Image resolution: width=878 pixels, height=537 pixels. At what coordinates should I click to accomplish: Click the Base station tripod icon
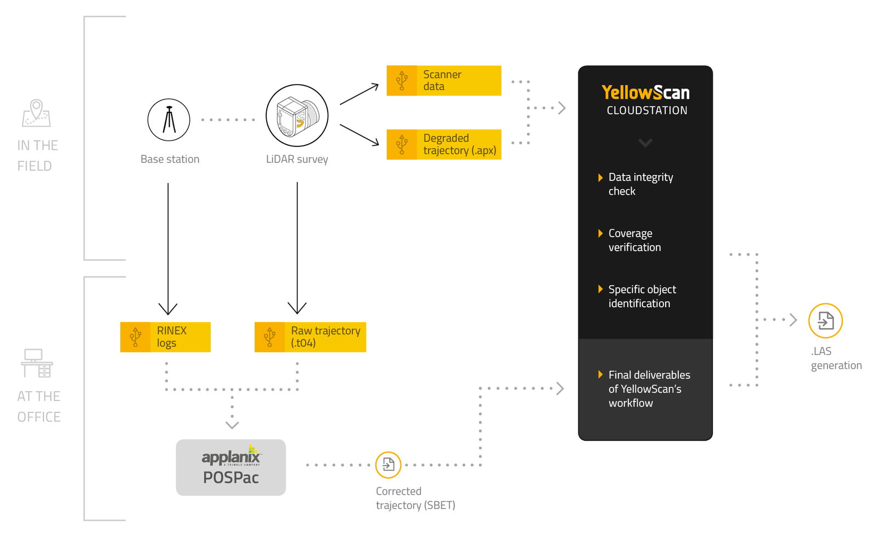point(169,120)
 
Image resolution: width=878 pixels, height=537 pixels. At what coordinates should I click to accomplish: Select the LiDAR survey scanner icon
point(297,116)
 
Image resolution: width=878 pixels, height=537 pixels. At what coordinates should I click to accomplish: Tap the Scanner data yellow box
point(443,81)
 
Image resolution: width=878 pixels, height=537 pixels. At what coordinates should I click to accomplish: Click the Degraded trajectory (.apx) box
point(443,144)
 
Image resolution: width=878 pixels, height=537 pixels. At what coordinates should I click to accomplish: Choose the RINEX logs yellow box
point(165,337)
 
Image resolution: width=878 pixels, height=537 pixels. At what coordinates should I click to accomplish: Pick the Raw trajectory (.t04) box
point(310,337)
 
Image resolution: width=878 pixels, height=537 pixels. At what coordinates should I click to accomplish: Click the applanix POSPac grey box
point(230,467)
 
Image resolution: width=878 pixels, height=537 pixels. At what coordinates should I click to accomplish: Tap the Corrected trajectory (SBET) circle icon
point(389,465)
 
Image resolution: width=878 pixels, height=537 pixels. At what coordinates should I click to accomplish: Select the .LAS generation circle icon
point(825,320)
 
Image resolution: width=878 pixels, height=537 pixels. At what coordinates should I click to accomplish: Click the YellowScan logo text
point(645,92)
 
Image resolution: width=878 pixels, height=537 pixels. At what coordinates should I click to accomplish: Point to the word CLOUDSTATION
point(646,111)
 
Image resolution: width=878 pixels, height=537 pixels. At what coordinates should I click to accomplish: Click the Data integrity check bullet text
point(640,184)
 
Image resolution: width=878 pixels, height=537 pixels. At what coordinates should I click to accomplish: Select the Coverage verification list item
point(634,240)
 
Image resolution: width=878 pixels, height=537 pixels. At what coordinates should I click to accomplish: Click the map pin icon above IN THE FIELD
point(36,112)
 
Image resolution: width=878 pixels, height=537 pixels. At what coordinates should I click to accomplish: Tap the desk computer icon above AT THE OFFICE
point(37,363)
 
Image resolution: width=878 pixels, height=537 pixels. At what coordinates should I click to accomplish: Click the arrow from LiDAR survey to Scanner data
point(359,94)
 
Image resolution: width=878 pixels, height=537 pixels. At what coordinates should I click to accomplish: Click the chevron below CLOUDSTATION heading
point(645,143)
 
